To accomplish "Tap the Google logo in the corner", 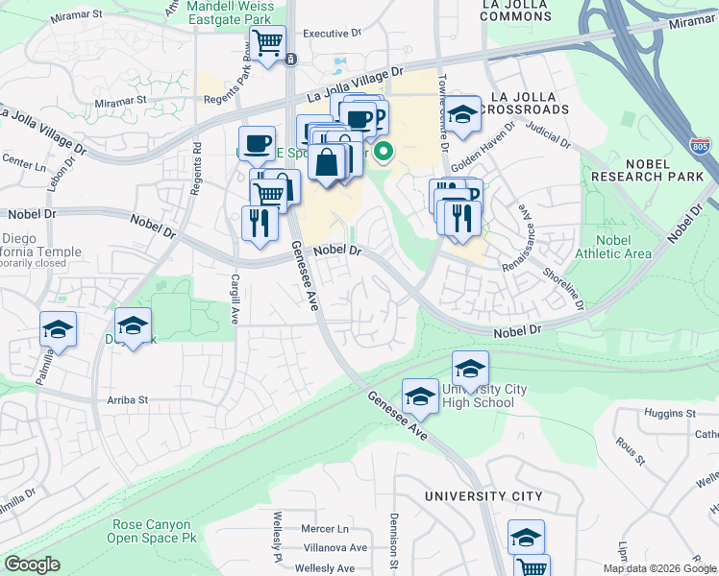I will tap(32, 564).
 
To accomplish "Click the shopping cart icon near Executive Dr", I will tap(267, 41).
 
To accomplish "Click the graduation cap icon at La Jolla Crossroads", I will tap(462, 112).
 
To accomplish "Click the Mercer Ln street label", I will tap(324, 529).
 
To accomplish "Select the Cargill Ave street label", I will tap(234, 299).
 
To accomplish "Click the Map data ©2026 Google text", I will tap(659, 568).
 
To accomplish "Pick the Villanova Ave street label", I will tap(332, 548).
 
